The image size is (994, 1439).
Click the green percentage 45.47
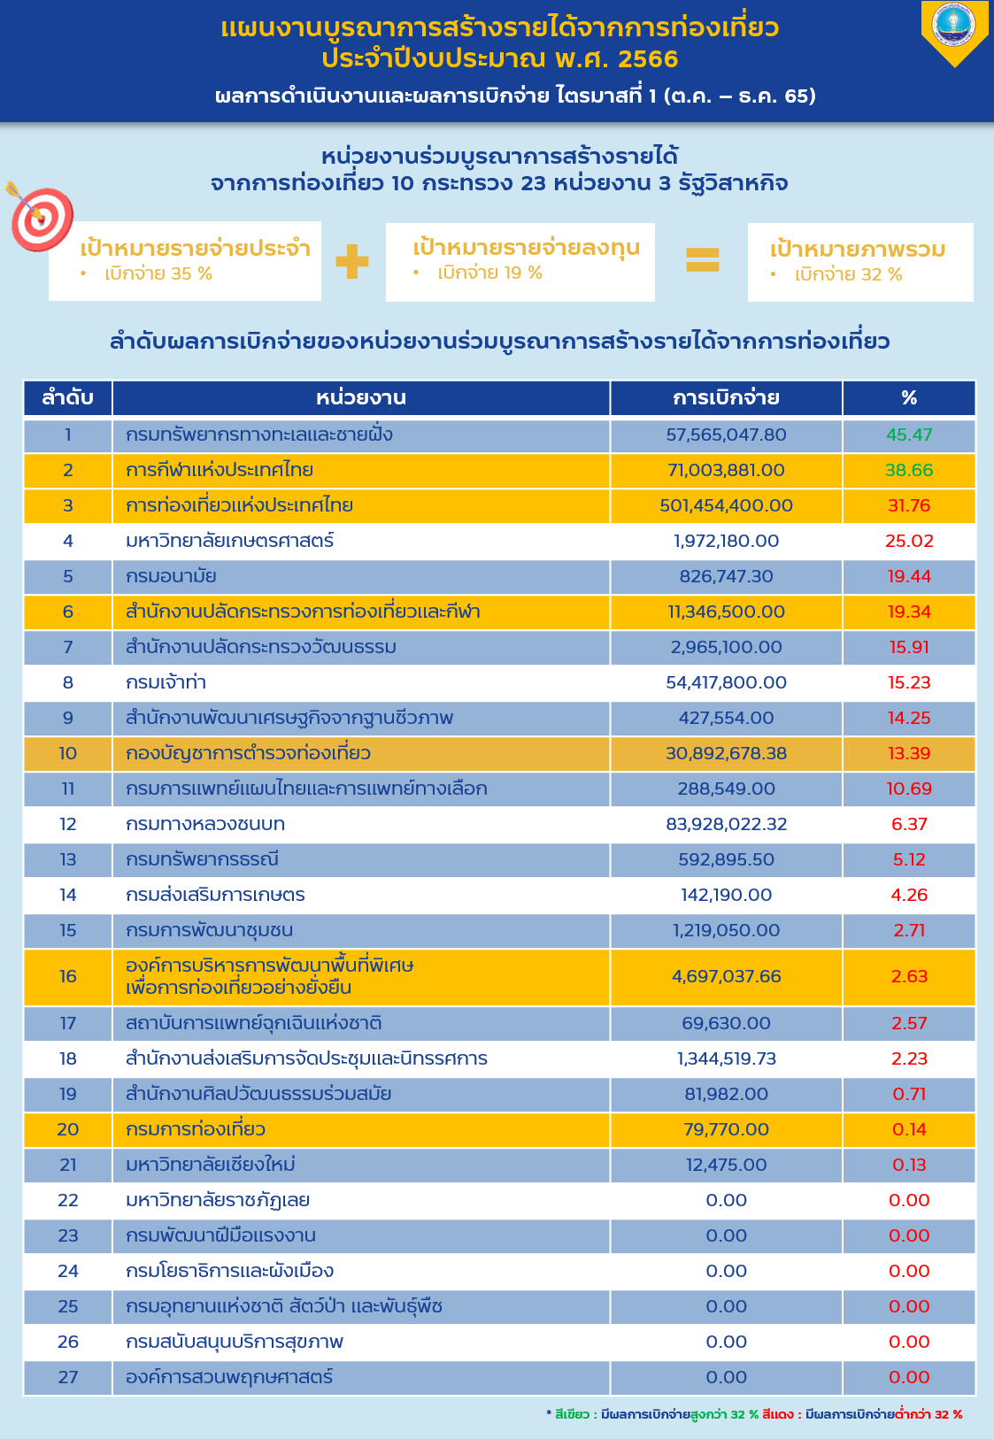[909, 435]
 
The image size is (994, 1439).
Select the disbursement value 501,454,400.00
[726, 505]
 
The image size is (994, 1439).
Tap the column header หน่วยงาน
[360, 398]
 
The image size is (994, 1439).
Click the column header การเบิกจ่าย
[726, 398]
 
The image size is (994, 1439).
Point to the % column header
[909, 398]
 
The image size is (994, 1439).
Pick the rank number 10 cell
[67, 753]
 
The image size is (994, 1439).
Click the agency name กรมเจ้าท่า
[166, 682]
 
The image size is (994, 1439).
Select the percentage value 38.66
[909, 470]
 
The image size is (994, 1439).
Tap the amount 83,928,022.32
[726, 824]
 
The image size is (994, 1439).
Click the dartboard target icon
[40, 217]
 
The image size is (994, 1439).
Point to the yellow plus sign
[352, 261]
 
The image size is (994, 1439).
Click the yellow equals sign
[703, 259]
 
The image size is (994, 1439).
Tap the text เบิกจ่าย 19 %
[489, 273]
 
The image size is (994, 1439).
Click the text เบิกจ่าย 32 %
[848, 275]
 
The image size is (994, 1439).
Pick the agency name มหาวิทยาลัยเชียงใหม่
[210, 1165]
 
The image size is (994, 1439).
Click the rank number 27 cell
[67, 1377]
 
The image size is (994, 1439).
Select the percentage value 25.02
[909, 541]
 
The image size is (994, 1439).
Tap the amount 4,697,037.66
[726, 976]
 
